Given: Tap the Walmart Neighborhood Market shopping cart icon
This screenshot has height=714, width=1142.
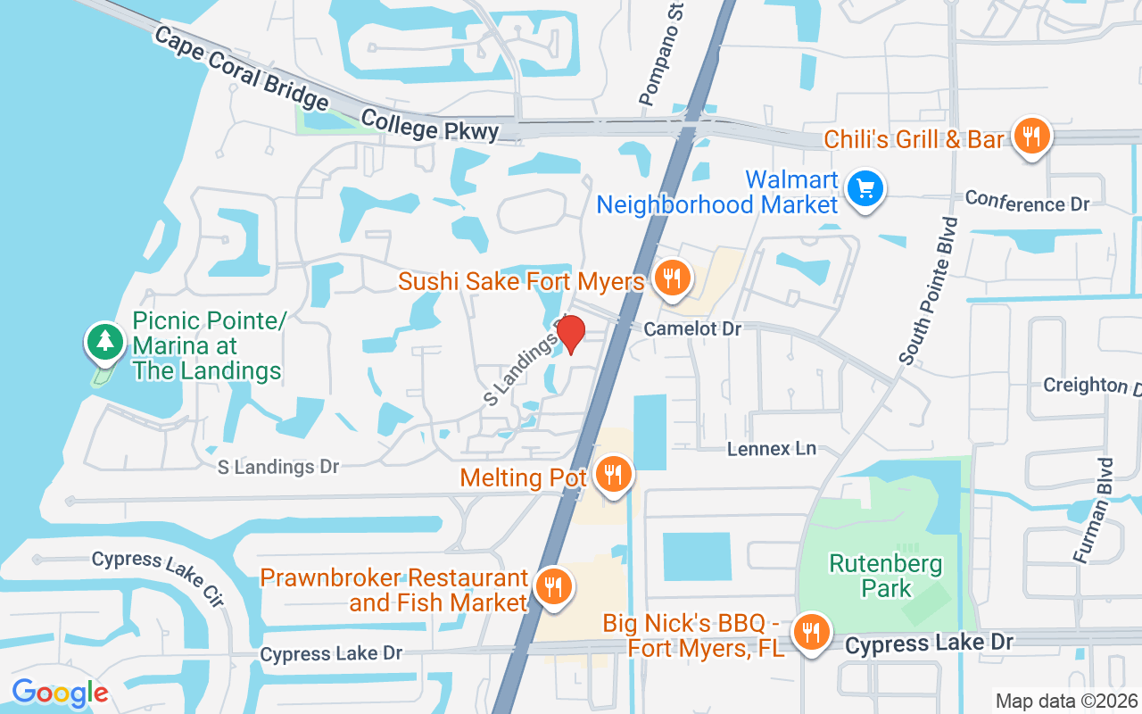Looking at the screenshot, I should click(865, 188).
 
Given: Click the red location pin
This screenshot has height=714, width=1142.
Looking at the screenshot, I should click(570, 334).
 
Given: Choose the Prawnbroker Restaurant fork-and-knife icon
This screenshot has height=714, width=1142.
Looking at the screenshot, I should click(553, 586).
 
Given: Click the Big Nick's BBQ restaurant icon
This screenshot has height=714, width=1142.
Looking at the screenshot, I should click(810, 632).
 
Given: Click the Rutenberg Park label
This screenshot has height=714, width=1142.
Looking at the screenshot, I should click(873, 576).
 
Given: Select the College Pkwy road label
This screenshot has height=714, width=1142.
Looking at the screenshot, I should click(429, 124).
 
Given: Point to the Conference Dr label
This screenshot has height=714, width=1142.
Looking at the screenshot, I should click(1027, 201).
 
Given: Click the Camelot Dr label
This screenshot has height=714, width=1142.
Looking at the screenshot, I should click(693, 328).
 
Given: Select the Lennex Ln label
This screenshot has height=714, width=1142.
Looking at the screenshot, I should click(771, 448).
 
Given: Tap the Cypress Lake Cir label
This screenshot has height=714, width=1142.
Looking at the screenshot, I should click(158, 577).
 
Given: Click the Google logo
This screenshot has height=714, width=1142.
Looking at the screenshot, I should click(60, 693).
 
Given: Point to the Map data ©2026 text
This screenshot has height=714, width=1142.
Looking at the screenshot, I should click(1066, 701).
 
